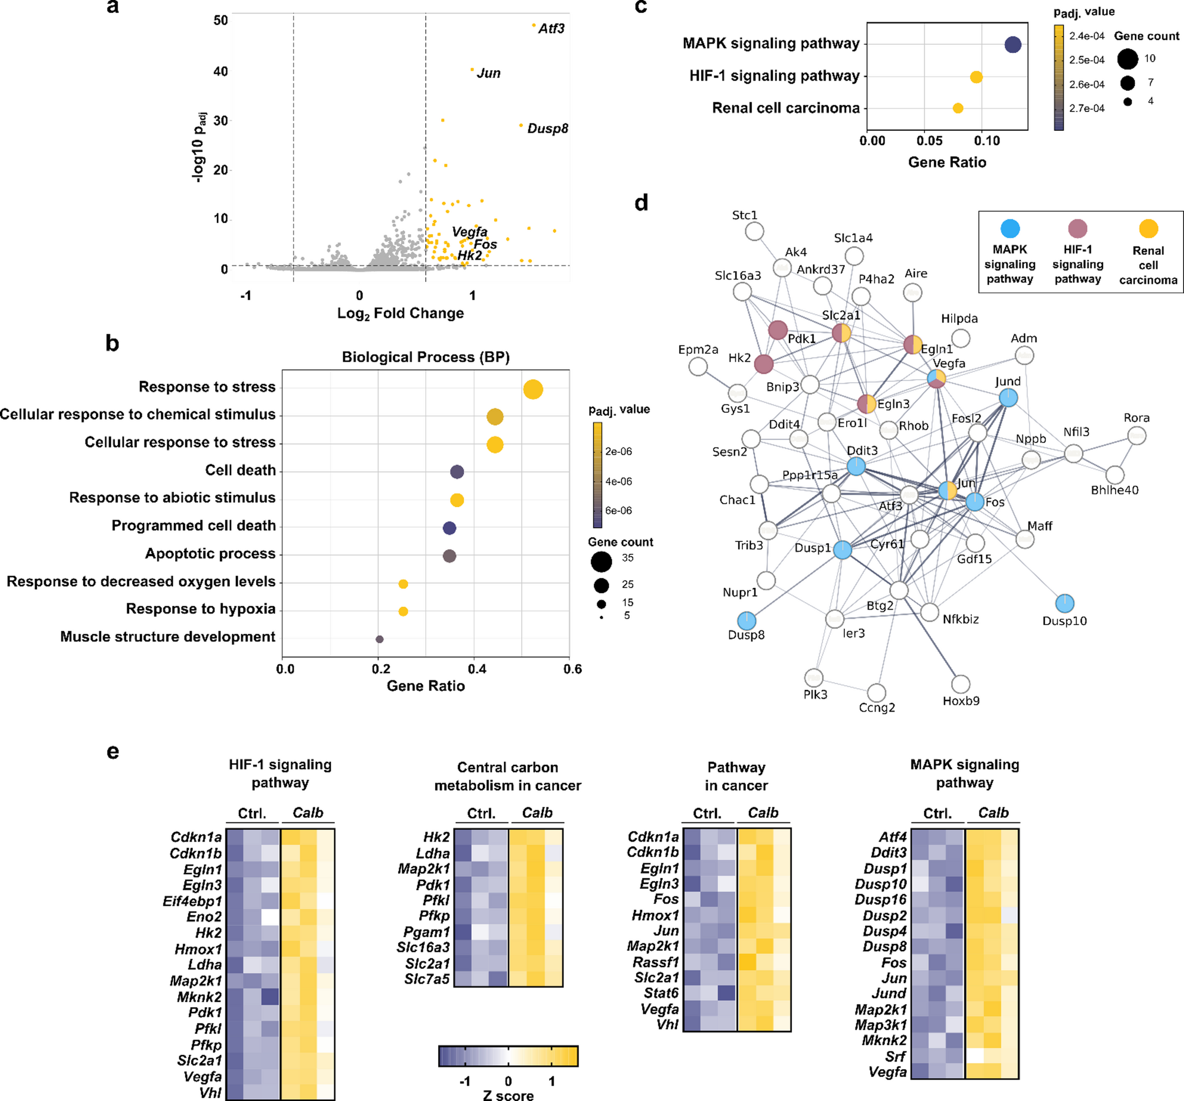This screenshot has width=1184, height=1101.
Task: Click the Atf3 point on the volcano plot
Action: (534, 25)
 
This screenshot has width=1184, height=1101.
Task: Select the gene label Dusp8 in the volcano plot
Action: (547, 129)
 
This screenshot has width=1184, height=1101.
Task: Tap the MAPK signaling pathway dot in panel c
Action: (1012, 44)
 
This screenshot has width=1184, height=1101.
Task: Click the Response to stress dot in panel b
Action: (532, 390)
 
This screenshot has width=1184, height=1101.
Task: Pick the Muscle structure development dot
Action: (379, 639)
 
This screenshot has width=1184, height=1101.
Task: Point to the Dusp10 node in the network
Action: (1064, 603)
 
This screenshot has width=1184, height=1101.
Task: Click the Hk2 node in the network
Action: (764, 364)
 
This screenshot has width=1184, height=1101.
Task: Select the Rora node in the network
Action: (1136, 436)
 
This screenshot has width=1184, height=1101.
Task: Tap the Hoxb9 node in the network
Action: (961, 684)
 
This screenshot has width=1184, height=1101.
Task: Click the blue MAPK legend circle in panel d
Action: (1010, 228)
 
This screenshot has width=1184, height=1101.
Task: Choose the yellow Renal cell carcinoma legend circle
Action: (1147, 228)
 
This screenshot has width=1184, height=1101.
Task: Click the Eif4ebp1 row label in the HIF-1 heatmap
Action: (192, 901)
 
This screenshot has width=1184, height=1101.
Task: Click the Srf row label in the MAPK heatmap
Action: (895, 1056)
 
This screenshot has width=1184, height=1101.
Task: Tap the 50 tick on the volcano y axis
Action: (221, 21)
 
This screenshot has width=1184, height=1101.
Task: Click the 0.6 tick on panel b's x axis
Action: (573, 669)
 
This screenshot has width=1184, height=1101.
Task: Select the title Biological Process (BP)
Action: (425, 357)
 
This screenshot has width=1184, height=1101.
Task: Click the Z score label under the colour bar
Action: (508, 1095)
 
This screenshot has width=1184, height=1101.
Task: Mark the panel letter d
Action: (641, 204)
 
